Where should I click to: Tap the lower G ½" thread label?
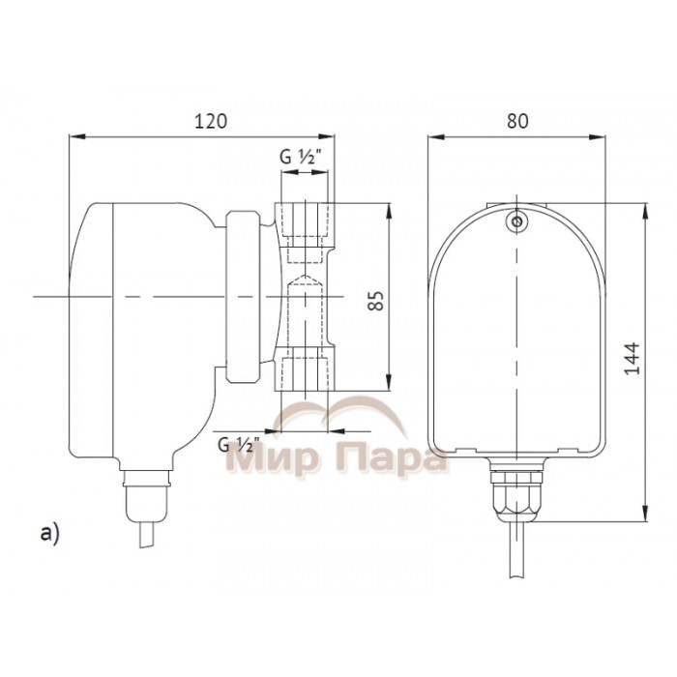(x=236, y=445)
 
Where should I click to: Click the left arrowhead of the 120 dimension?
(x=74, y=137)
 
